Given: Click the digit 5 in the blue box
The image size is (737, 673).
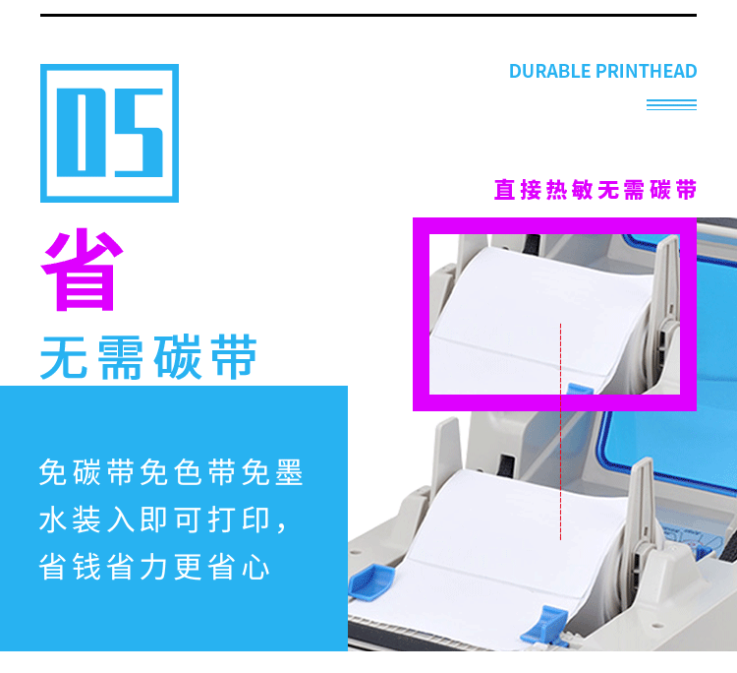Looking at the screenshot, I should click(x=138, y=132).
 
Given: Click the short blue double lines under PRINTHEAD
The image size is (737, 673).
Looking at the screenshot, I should click(x=671, y=104).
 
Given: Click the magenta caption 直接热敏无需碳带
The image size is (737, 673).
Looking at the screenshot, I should click(x=595, y=189).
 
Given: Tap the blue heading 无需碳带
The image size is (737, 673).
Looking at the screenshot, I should click(x=148, y=356).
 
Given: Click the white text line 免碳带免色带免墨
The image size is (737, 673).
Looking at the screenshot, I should click(x=171, y=473).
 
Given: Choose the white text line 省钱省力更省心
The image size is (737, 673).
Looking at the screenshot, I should click(x=154, y=567).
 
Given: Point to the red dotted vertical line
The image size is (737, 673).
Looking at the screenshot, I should click(x=560, y=433).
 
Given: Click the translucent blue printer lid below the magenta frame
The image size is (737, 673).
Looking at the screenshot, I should click(x=678, y=462).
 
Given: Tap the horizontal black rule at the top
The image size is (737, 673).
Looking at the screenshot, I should click(x=368, y=15).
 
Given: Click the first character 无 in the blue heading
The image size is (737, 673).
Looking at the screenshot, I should click(x=65, y=356).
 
